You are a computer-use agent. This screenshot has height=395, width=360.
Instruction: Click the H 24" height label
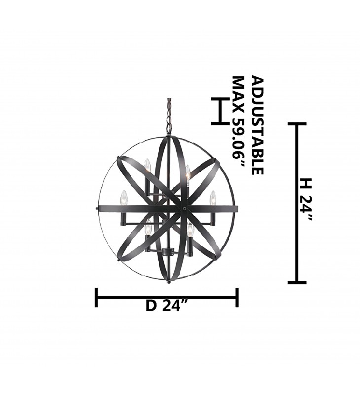click(x=307, y=199)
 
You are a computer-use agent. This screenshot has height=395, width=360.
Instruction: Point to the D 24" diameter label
click(x=167, y=305)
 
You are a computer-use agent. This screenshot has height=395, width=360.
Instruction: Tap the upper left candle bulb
click(x=147, y=165)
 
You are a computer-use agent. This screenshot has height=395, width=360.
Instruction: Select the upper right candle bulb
click(x=188, y=172)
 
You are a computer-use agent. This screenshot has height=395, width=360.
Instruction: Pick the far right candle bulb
click(x=213, y=198)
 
